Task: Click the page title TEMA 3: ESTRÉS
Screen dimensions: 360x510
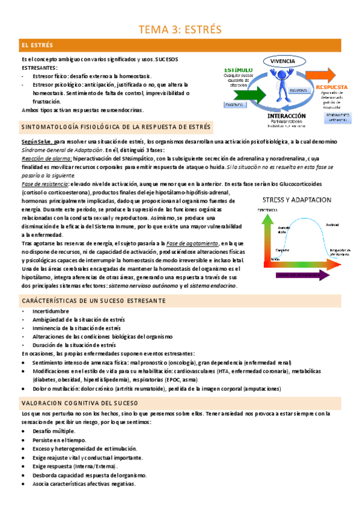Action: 180,29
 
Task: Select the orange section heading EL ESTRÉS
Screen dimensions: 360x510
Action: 37,45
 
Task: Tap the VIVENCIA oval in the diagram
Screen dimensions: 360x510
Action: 282,61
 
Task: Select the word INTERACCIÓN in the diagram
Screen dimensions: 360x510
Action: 286,115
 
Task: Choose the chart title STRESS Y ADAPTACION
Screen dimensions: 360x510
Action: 297,199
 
